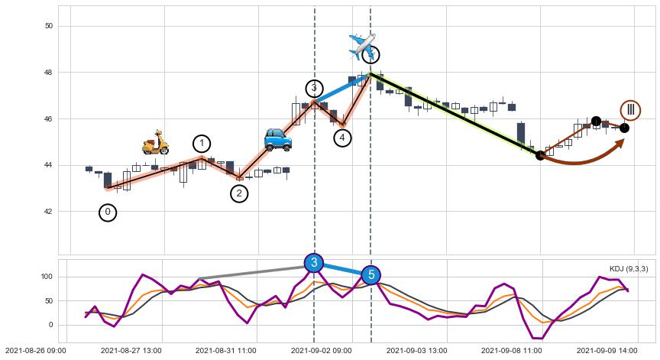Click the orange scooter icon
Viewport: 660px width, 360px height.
[156, 142]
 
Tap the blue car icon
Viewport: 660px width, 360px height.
[277, 139]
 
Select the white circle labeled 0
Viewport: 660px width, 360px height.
[108, 212]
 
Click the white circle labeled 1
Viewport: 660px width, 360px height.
[202, 144]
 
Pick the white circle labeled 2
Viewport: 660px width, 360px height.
[239, 193]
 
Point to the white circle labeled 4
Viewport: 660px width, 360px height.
[342, 138]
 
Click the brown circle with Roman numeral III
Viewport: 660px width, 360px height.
[630, 110]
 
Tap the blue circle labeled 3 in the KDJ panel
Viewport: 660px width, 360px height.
[314, 263]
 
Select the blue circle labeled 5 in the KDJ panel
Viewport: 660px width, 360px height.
[370, 274]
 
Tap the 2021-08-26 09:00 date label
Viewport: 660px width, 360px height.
[36, 350]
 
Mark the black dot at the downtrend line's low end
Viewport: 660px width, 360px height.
[540, 155]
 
